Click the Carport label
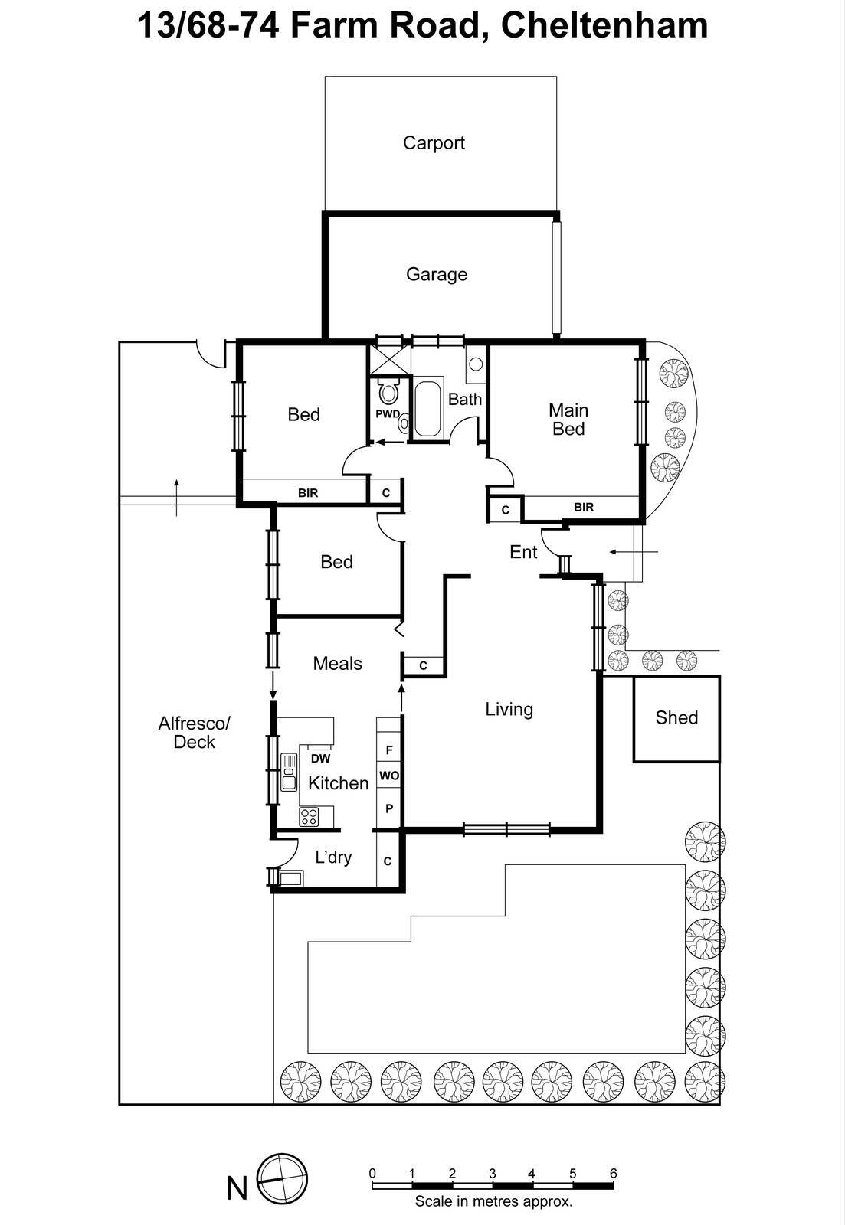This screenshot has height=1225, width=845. (x=434, y=143)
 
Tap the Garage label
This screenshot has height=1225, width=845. (x=436, y=274)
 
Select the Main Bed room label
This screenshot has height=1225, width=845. (x=568, y=420)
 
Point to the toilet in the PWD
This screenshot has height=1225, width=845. (x=388, y=394)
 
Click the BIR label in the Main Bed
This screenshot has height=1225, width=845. (x=583, y=507)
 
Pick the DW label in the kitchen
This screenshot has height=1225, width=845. (x=320, y=759)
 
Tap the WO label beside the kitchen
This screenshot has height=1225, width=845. (x=388, y=776)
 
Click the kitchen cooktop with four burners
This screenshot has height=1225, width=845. (x=309, y=816)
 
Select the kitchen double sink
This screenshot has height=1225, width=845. (x=289, y=772)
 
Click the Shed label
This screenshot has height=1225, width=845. (x=676, y=718)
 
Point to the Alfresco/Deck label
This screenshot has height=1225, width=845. (x=194, y=733)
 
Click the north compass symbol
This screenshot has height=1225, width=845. (x=281, y=1179)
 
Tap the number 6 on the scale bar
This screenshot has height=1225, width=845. (x=613, y=1173)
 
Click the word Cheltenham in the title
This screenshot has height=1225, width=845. (x=604, y=26)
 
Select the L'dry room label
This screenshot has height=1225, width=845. (x=333, y=857)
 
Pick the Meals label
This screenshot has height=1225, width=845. (x=337, y=664)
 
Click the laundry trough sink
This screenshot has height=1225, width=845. (x=290, y=877)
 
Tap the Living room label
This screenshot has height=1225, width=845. (x=509, y=710)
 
